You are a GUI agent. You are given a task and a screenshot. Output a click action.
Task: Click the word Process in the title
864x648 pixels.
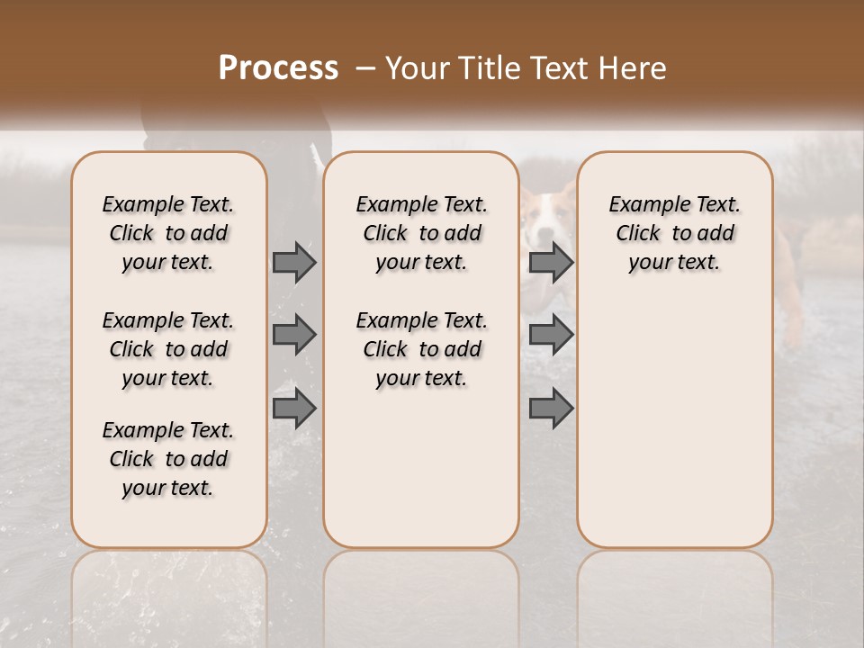click(278, 68)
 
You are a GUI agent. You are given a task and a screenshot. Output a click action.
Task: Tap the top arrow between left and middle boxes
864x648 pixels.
click(293, 263)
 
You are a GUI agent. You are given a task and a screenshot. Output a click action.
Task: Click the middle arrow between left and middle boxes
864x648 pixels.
click(293, 335)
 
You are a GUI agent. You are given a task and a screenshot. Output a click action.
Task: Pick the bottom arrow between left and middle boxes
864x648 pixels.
click(293, 409)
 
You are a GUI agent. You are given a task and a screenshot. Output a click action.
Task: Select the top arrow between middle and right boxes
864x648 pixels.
click(551, 263)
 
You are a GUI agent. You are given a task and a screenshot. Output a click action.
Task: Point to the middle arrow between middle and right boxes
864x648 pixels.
click(551, 335)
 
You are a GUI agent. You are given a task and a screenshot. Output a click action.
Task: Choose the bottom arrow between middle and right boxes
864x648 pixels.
click(551, 409)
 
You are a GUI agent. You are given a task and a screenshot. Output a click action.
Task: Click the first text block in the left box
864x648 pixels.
click(168, 233)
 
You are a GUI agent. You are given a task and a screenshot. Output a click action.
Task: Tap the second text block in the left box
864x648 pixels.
click(168, 349)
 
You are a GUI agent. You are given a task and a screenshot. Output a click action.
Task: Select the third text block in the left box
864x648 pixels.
click(168, 459)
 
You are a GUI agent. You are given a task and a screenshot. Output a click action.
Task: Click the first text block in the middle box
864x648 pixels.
click(422, 233)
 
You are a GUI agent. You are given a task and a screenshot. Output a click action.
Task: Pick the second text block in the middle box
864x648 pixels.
click(422, 349)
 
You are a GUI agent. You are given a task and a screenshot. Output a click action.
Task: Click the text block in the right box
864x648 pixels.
click(675, 233)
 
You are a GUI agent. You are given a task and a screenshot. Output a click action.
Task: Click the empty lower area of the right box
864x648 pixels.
click(675, 432)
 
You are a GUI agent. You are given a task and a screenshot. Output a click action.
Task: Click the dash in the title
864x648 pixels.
click(364, 68)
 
